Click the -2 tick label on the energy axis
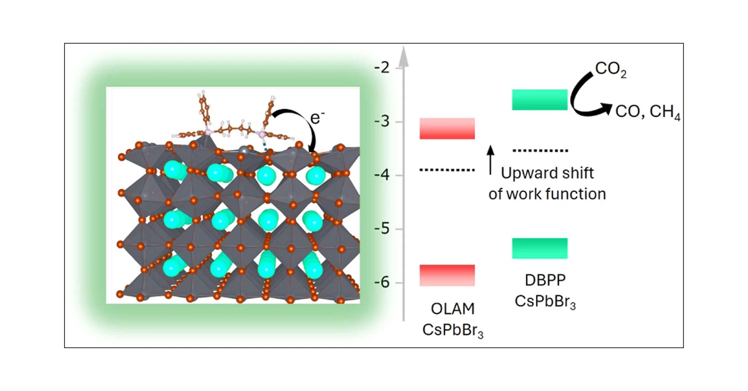[x=382, y=68]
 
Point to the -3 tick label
[x=382, y=121]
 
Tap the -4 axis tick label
[x=382, y=175]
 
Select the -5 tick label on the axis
[x=382, y=229]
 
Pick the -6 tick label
[x=382, y=282]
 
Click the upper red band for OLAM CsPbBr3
[x=447, y=129]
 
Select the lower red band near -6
[x=447, y=275]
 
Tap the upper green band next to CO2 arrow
[x=539, y=100]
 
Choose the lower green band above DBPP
[x=539, y=248]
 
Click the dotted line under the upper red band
[x=447, y=170]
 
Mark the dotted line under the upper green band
[x=540, y=151]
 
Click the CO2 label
[x=610, y=69]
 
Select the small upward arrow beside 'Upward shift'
[x=490, y=160]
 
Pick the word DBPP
[x=545, y=280]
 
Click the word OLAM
[x=452, y=309]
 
